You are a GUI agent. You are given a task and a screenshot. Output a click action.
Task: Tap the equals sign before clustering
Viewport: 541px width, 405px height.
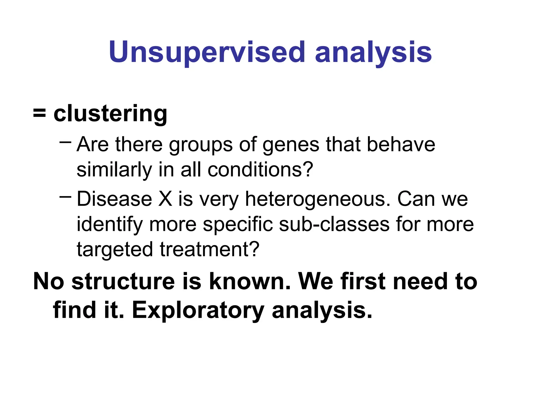[39, 114]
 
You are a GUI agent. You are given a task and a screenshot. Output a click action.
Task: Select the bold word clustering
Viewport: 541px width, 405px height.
[110, 114]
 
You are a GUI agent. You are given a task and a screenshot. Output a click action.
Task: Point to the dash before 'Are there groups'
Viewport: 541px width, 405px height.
[65, 142]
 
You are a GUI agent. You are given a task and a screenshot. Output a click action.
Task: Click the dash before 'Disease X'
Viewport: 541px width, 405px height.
[65, 196]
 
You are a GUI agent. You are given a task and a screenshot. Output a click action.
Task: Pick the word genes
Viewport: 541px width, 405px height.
[291, 145]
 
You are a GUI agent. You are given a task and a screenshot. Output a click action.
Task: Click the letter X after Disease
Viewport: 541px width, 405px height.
[165, 199]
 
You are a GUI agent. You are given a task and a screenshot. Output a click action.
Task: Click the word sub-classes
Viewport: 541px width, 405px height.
[334, 224]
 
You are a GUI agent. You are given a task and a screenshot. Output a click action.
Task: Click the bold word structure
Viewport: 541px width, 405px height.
[123, 281]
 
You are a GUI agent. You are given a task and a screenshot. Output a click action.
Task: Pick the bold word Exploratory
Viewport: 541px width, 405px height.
[198, 310]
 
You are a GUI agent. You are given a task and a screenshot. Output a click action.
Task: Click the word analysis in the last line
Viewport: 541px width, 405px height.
[322, 310]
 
